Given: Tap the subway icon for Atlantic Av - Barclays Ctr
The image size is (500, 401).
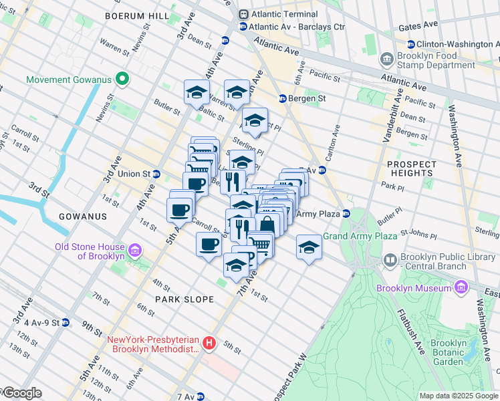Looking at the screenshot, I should (x=243, y=27).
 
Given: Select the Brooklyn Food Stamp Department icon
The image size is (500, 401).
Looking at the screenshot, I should (x=387, y=59).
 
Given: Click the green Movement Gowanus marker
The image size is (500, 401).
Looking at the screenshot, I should (x=122, y=80).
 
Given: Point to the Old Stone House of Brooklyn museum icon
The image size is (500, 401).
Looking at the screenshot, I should (x=135, y=251).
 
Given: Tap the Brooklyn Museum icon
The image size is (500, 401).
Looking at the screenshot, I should (x=461, y=287).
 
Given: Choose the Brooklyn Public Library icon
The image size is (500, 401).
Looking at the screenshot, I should (x=390, y=259).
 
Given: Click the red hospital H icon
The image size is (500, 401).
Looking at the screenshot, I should (x=209, y=344).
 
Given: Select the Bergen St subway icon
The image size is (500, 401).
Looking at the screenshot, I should (x=282, y=98).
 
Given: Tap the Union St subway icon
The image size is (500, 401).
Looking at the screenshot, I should (x=156, y=174).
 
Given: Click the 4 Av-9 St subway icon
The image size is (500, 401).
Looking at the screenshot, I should (x=65, y=322).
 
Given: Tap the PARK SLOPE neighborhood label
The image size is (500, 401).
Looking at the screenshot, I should (x=184, y=299).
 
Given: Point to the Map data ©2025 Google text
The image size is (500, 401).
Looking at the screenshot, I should (x=458, y=396).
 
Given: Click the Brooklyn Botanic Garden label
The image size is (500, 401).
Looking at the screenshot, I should (x=456, y=352).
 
